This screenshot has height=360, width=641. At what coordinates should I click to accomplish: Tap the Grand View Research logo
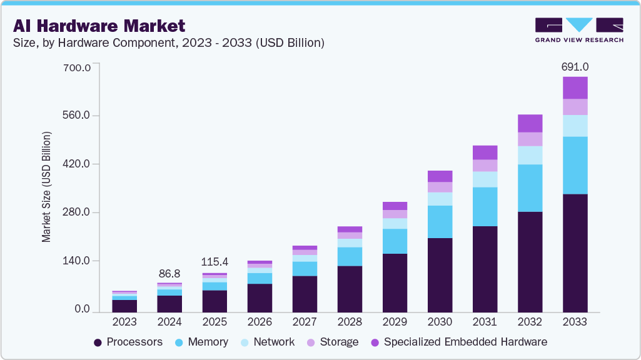pos(579,29)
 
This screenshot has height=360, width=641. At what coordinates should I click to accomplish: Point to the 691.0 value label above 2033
pos(575,66)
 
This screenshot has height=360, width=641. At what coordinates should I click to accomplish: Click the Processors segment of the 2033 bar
pos(575,252)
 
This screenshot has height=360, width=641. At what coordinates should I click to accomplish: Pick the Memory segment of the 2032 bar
pos(530,188)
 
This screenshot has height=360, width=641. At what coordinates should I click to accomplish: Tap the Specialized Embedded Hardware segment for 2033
pos(575,88)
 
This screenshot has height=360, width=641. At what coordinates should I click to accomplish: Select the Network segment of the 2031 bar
pos(485,179)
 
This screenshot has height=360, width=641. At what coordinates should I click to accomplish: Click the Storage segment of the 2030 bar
pos(440,187)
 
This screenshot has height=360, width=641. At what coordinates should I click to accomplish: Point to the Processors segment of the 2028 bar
pos(350,289)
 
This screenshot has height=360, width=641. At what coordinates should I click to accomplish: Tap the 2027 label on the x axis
pos(305,322)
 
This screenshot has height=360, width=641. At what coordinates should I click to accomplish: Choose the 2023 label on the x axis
pos(124,322)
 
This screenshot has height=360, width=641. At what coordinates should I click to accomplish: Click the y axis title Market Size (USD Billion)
pos(46,187)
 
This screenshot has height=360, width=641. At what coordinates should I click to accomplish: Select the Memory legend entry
pos(201,342)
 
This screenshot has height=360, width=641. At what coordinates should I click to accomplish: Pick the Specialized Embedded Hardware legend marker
pos(375,342)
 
